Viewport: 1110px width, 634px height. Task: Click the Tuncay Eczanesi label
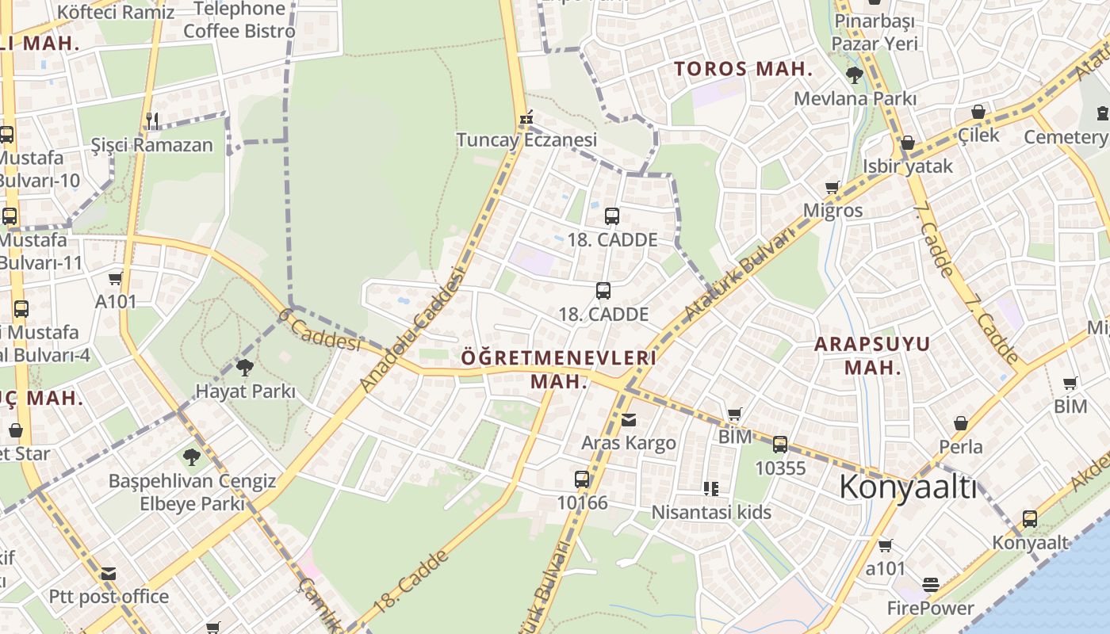(526, 140)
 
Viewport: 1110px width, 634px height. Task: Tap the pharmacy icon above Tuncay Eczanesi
(525, 119)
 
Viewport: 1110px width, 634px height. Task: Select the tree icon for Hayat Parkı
(245, 368)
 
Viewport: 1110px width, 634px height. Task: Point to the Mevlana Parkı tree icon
(855, 76)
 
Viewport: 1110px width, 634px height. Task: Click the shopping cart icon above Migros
(832, 188)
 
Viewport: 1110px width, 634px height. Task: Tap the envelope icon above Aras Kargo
(629, 420)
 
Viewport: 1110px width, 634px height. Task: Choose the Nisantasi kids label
(711, 513)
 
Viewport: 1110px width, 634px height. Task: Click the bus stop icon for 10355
(780, 445)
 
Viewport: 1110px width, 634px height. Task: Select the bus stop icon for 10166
(582, 479)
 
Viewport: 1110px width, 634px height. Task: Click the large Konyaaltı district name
(908, 487)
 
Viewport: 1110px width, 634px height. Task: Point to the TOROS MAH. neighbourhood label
(743, 69)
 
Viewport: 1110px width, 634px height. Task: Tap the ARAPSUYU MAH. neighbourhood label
(872, 355)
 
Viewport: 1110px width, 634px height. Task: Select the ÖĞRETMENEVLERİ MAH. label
(559, 369)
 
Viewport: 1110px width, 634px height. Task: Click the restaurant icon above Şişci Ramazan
(151, 120)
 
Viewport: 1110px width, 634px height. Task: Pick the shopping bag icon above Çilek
(978, 112)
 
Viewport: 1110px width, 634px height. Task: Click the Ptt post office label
(109, 596)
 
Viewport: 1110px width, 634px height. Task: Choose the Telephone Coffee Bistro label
(239, 20)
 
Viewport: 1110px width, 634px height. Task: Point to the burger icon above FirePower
(931, 586)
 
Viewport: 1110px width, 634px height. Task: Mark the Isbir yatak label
(908, 166)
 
